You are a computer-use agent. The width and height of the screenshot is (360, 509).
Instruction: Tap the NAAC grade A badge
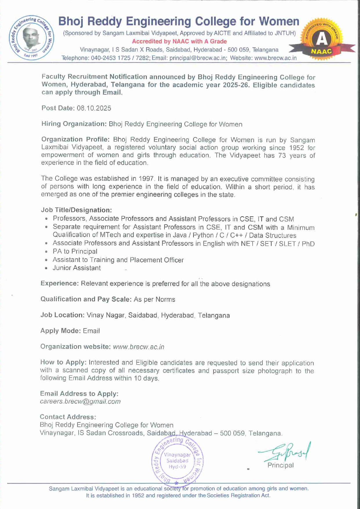coord(322,40)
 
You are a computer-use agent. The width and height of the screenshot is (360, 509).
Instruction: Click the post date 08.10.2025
coord(94,108)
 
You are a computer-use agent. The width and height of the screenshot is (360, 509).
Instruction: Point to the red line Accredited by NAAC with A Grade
coord(179,41)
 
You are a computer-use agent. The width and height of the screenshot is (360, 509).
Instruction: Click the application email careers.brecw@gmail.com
coord(80,402)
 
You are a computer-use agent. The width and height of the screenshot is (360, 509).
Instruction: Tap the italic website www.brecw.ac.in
coord(138,347)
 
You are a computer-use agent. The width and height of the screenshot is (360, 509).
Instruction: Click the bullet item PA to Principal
coord(75,251)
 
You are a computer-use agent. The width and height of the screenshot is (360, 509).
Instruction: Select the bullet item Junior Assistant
coord(77,268)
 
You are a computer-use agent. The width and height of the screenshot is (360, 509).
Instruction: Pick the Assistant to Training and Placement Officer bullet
coord(118,260)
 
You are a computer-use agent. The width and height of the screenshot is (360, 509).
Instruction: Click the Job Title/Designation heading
coord(76,210)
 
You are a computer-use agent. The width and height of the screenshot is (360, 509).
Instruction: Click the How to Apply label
coord(63,362)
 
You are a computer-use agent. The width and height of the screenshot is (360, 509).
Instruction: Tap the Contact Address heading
coord(68,417)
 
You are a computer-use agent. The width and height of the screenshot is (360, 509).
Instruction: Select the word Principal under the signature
coord(280,465)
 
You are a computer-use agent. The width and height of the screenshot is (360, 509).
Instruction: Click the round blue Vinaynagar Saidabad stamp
coord(178,461)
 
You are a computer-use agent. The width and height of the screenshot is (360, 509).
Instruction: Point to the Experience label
coord(59,283)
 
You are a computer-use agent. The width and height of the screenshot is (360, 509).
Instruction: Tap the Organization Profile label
coord(75,140)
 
